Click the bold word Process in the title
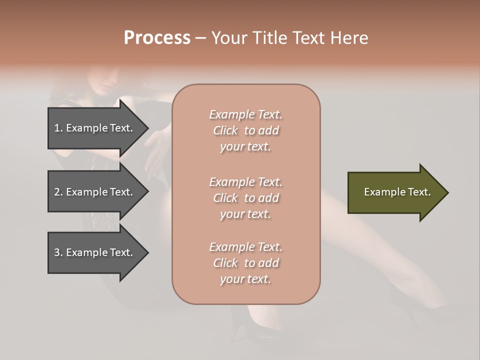157,38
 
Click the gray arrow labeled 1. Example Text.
95,128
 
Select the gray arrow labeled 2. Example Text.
95,192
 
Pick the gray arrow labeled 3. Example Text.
95,252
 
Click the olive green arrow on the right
395,192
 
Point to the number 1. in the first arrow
58,128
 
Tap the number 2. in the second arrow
58,192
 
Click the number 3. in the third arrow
58,252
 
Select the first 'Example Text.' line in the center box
245,114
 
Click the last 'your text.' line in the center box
245,279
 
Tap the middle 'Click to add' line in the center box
245,198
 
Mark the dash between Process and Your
200,38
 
